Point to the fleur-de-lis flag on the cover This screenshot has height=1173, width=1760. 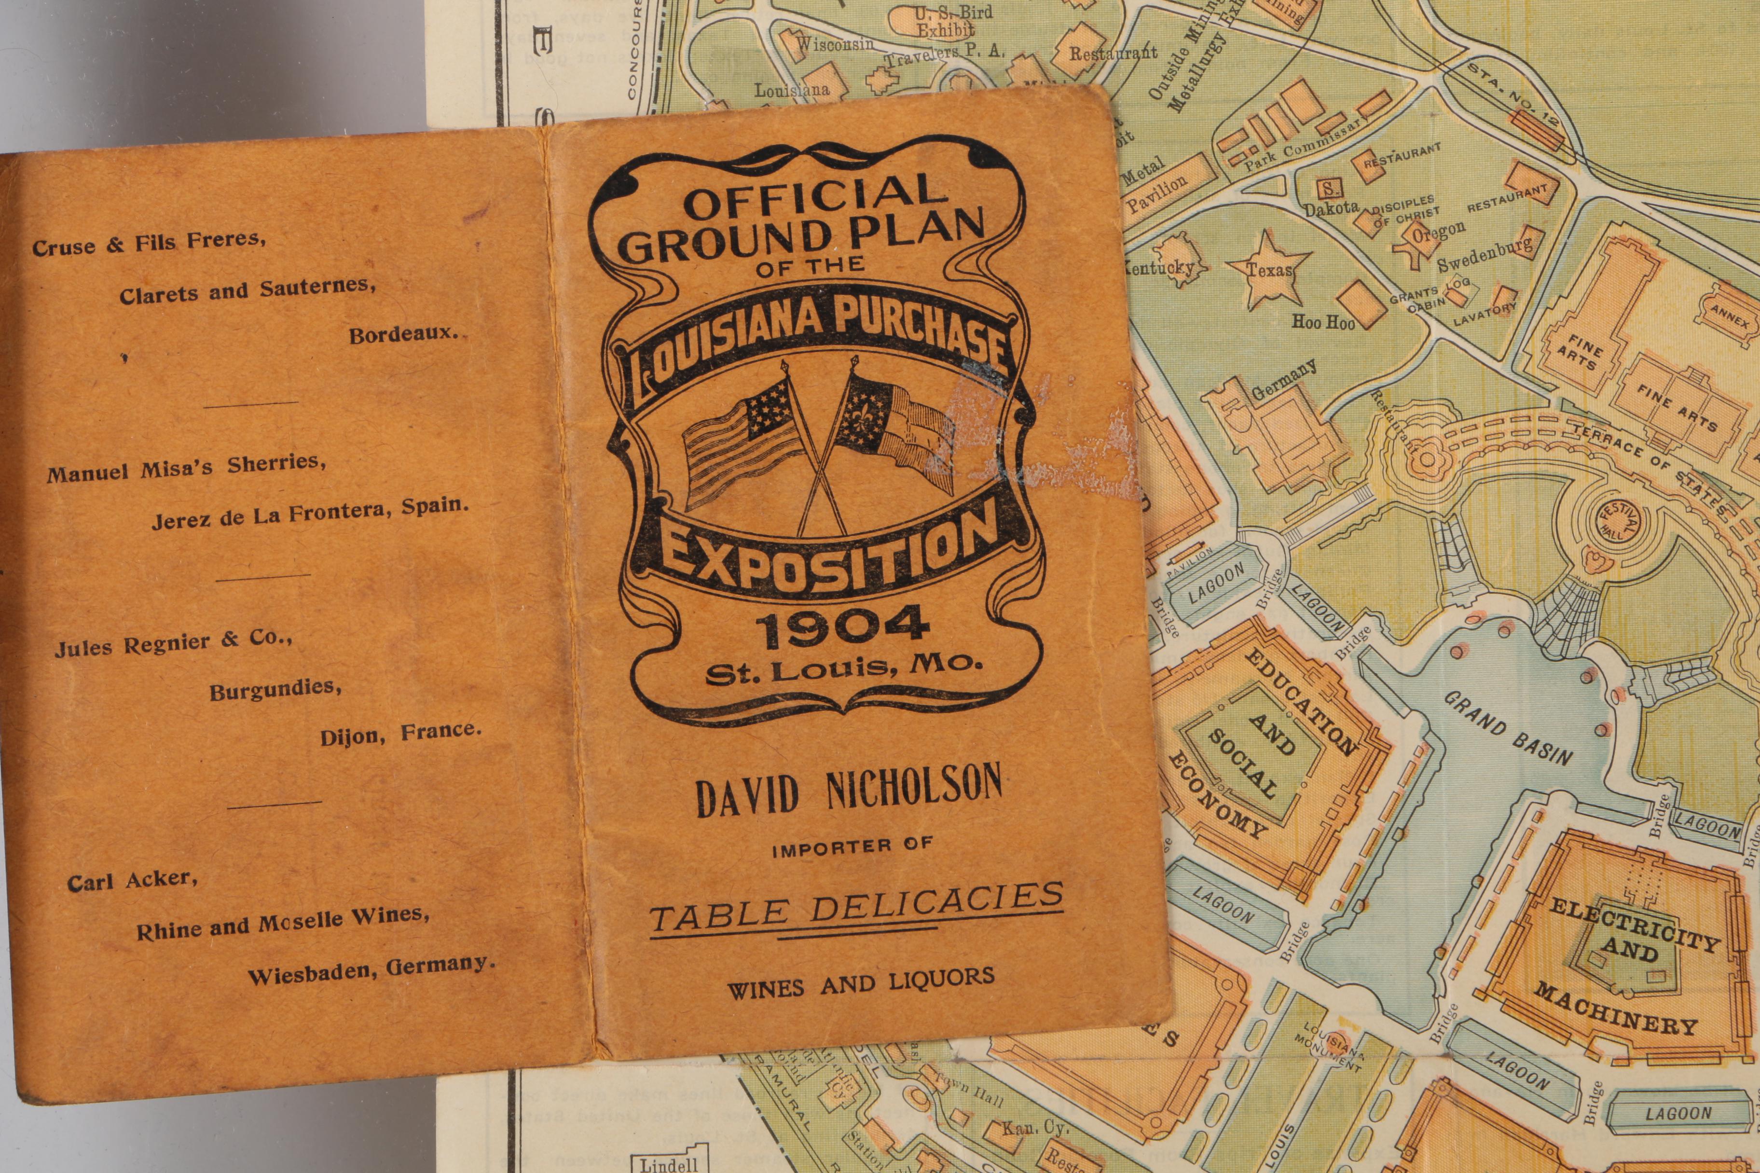click(898, 434)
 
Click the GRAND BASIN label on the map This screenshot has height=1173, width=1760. click(1507, 729)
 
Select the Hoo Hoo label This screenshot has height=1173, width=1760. click(1323, 322)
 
